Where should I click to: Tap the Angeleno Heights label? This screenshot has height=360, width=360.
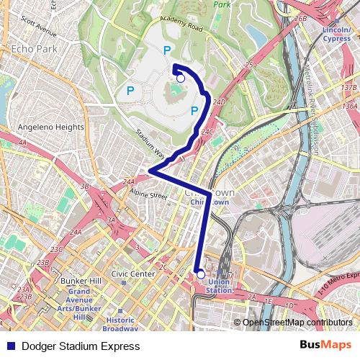click(50, 127)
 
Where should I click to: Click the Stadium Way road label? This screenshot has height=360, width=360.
click(151, 144)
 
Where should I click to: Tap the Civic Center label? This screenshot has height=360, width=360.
click(132, 274)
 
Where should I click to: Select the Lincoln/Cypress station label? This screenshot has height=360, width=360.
click(336, 35)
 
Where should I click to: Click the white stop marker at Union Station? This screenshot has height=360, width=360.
click(200, 274)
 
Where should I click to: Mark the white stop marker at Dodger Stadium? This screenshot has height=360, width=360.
click(181, 78)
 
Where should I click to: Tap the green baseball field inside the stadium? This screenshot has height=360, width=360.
click(175, 91)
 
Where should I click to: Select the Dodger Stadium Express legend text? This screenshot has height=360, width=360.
click(81, 346)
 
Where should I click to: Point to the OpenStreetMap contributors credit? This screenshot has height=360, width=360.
click(297, 323)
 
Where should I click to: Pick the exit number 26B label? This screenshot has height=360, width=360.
click(301, 19)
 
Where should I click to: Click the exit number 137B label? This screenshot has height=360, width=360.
click(348, 87)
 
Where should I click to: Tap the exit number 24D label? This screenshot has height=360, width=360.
click(219, 102)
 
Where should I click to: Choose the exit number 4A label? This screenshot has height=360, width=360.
click(22, 143)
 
